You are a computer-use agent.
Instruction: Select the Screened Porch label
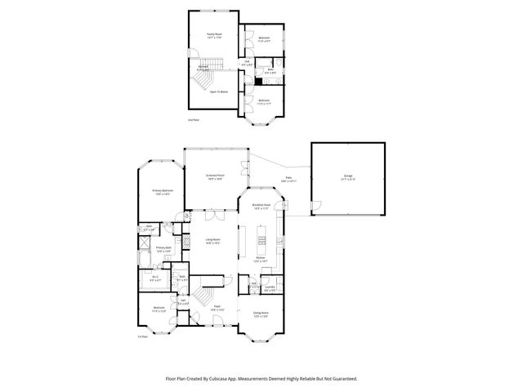(x=216, y=176)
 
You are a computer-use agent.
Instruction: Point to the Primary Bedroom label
(x=161, y=191)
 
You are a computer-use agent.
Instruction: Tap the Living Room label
(x=213, y=240)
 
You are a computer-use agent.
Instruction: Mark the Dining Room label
(x=261, y=315)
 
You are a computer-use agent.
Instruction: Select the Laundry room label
(x=269, y=287)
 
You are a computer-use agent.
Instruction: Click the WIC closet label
(x=155, y=277)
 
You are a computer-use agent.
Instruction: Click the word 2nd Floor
(x=194, y=120)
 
